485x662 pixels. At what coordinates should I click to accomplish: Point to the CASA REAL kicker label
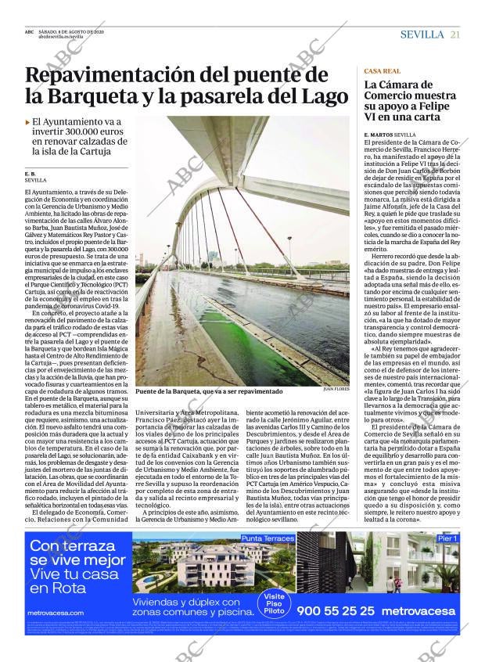coord(383,71)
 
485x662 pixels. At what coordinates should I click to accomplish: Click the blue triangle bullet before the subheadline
coord(27,122)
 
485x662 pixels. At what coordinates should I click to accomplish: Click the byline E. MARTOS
coord(379,135)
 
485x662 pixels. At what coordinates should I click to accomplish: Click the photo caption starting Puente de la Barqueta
coord(209,391)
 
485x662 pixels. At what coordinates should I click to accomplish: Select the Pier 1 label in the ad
coord(447,538)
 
